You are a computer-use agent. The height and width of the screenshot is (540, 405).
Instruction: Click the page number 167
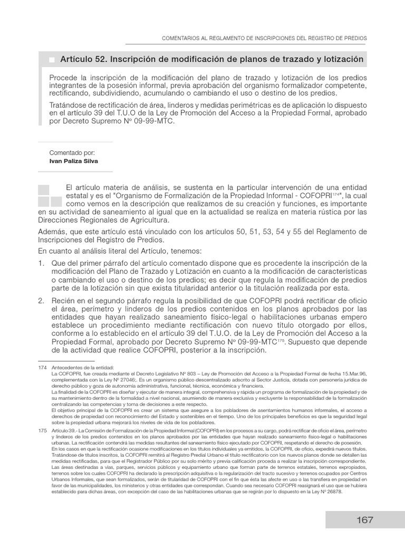click(x=364, y=519)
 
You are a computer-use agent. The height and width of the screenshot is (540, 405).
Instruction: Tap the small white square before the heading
click(x=52, y=60)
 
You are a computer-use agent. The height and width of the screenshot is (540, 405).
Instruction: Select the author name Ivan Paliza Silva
click(x=73, y=161)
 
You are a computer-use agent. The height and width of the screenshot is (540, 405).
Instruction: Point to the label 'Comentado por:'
click(x=72, y=152)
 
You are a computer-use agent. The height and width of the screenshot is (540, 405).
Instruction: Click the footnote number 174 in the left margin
click(x=43, y=367)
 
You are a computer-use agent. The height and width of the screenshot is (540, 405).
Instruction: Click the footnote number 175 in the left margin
click(x=43, y=431)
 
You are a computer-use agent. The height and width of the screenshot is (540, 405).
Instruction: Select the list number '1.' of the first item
click(x=42, y=263)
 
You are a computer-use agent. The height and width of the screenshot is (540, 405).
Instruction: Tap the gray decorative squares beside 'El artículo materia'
click(x=50, y=195)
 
